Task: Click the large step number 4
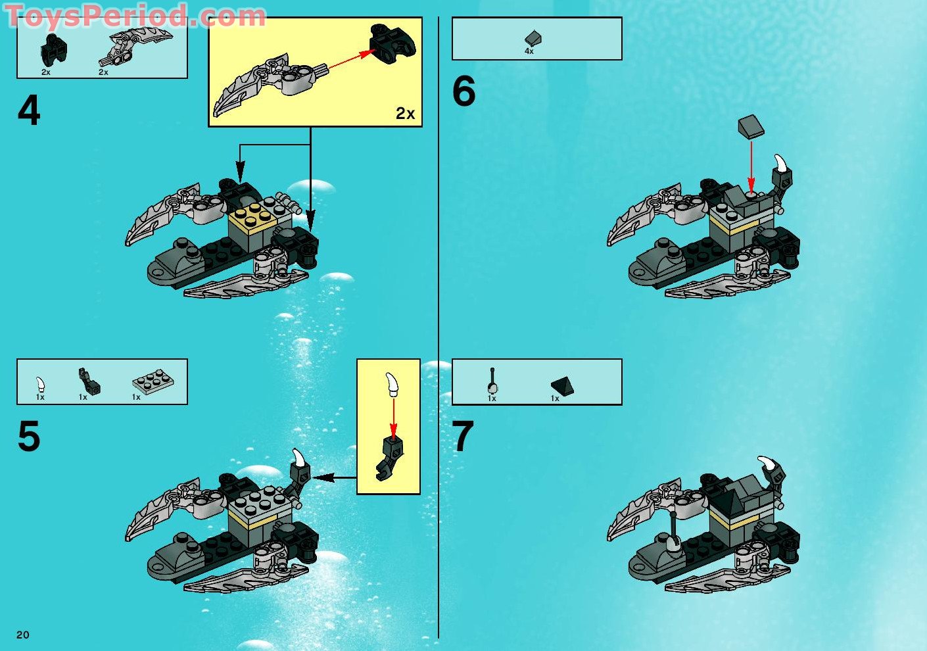point(29,110)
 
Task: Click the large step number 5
point(29,436)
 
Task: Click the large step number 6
point(463,91)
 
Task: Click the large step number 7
point(463,437)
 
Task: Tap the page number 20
point(23,635)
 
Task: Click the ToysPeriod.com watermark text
point(135,16)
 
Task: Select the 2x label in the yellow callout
point(405,113)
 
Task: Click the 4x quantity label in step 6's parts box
point(529,51)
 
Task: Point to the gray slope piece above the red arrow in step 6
point(751,126)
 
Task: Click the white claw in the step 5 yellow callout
point(392,383)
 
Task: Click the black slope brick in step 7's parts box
point(562,386)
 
